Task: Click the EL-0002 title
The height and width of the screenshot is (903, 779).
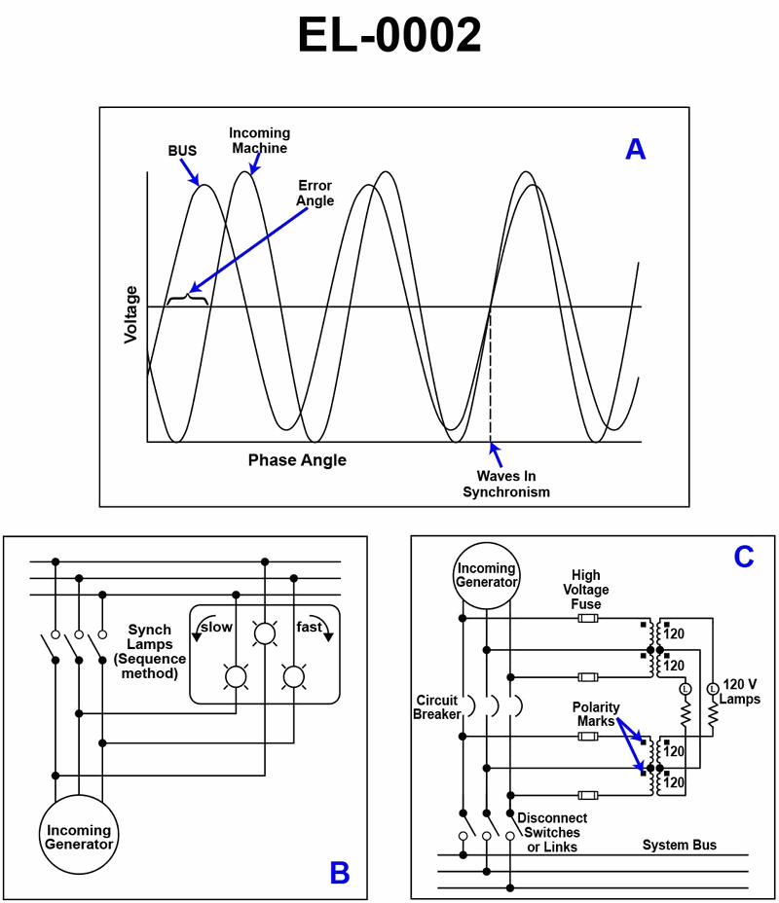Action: [x=389, y=37]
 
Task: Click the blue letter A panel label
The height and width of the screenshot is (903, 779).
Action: [x=635, y=149]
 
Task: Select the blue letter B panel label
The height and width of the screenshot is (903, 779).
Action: [x=339, y=873]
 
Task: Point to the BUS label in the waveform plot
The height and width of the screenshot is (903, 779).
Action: [x=182, y=151]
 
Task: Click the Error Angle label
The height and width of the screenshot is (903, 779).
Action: [x=315, y=193]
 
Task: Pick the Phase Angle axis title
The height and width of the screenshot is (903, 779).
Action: [x=297, y=459]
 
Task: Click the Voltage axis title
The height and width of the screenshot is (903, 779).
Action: [x=130, y=314]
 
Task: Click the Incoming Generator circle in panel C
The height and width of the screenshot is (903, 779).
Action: [x=487, y=575]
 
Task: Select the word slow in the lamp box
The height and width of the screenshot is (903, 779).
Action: [x=216, y=628]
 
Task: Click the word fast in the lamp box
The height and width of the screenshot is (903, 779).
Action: [x=309, y=628]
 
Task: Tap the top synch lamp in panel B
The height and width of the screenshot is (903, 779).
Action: [x=263, y=635]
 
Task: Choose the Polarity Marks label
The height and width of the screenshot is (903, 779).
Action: [x=596, y=714]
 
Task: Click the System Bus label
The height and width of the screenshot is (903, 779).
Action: [x=679, y=845]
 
